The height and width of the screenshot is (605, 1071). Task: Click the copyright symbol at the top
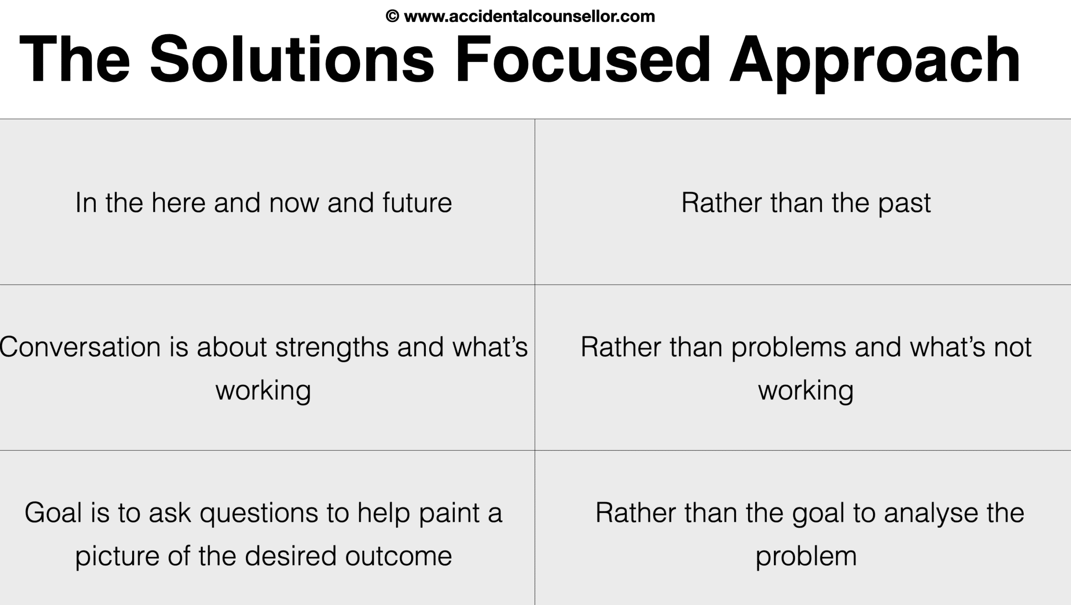pyautogui.click(x=392, y=17)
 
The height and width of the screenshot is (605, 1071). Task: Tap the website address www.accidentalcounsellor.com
pyautogui.click(x=529, y=17)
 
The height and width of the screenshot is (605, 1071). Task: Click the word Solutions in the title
pyautogui.click(x=292, y=60)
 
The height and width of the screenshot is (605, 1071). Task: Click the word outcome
pyautogui.click(x=399, y=556)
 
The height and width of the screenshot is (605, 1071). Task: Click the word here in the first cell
pyautogui.click(x=178, y=203)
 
